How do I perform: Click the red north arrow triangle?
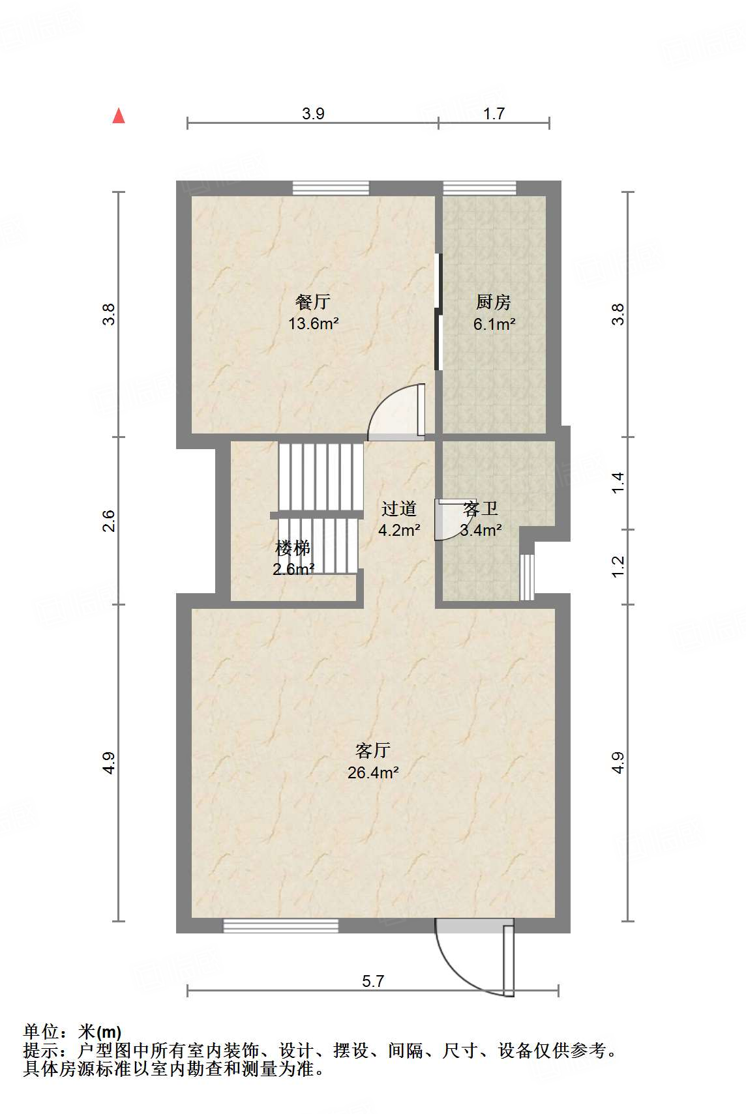pos(119,116)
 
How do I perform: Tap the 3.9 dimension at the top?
pos(313,114)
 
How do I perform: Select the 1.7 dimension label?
pos(494,114)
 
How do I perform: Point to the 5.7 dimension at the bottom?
pos(373,981)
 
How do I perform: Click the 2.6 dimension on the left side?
pos(109,521)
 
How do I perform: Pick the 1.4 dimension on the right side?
pos(618,482)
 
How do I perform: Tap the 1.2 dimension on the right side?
pos(618,566)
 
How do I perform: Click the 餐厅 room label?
pos(313,302)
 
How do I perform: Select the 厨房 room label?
pos(493,302)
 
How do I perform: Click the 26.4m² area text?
pos(373,773)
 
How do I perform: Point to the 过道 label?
pos(398,508)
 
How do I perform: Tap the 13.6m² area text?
pos(313,323)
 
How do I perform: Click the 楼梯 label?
pos(292,548)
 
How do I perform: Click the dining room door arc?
pos(395,414)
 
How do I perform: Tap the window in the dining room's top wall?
pos(331,188)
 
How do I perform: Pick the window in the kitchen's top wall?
pos(480,188)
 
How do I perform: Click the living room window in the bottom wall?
pos(280,926)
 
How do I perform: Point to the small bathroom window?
pos(527,577)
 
